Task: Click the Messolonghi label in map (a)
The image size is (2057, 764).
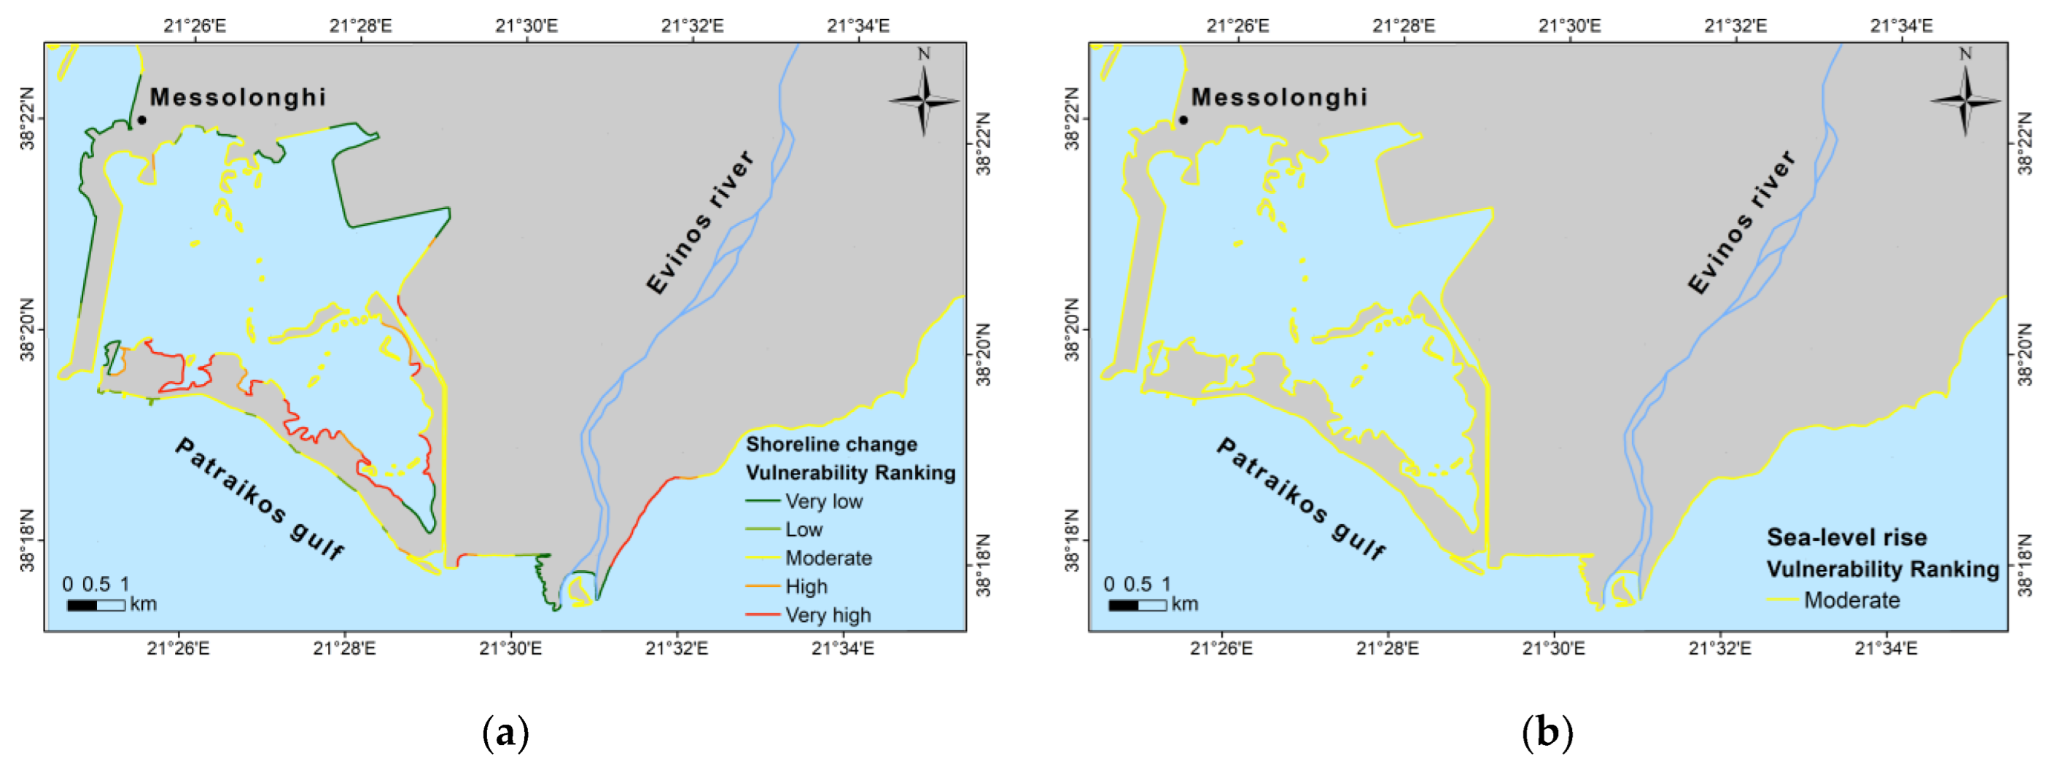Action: (238, 98)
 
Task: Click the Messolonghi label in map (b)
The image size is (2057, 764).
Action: (1279, 98)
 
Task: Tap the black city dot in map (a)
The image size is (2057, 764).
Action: (141, 120)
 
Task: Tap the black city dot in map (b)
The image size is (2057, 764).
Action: (1183, 120)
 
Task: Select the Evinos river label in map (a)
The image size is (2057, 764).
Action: (699, 222)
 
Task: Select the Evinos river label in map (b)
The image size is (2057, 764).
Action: (1741, 222)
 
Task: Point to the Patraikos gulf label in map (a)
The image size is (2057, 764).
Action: (260, 498)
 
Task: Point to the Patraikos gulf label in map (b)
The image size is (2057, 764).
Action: (1301, 498)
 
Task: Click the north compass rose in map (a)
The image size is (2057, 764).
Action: (924, 100)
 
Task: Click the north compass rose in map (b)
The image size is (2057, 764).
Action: (1965, 100)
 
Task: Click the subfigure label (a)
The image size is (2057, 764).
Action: (505, 731)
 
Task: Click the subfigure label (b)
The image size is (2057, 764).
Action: (1547, 731)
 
